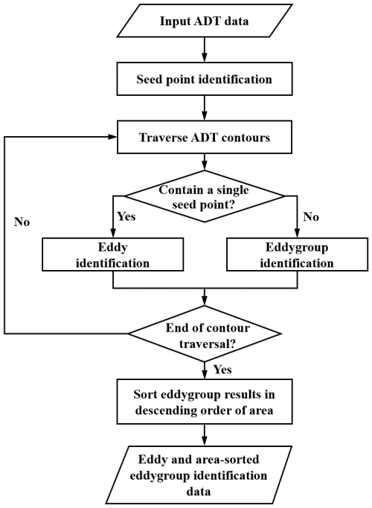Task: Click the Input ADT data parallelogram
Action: [205, 21]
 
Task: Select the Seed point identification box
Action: [205, 79]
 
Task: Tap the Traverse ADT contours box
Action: [205, 137]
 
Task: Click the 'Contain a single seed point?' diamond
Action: [205, 196]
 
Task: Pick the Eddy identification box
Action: [113, 254]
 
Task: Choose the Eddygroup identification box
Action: [297, 254]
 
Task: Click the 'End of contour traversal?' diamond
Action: [205, 334]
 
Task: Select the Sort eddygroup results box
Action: [205, 402]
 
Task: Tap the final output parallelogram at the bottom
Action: [199, 475]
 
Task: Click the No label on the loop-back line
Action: [22, 222]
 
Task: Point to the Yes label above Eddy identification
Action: [126, 216]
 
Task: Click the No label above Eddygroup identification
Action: [311, 216]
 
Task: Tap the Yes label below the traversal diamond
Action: [222, 370]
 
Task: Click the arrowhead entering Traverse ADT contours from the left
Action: [112, 137]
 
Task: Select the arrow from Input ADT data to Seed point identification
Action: [205, 50]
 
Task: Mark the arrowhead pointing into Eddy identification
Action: [113, 234]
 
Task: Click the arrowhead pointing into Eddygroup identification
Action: [297, 234]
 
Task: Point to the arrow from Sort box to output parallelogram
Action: [205, 435]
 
